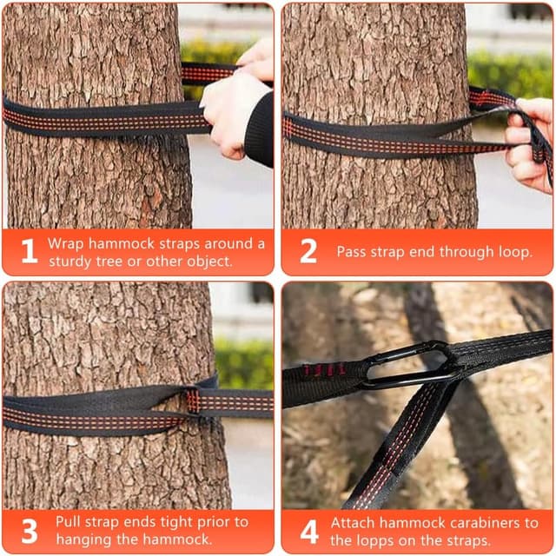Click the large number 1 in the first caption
point(30,251)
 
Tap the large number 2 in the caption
point(308,251)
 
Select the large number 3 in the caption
point(30,531)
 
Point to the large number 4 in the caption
point(309,531)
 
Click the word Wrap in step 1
point(66,244)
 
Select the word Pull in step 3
point(68,522)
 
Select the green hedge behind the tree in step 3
point(244,363)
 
